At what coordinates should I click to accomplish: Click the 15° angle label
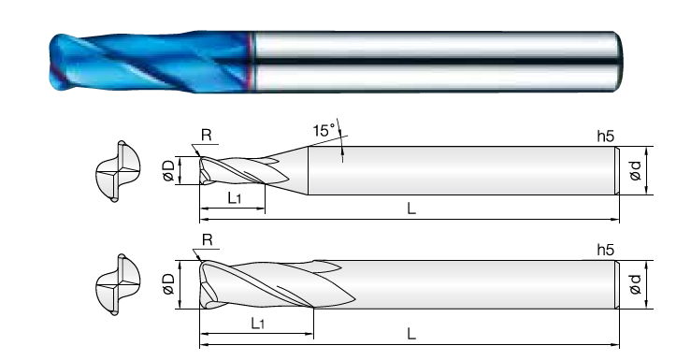click(324, 130)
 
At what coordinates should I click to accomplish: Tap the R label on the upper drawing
click(206, 135)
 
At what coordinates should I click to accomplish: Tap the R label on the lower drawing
click(208, 240)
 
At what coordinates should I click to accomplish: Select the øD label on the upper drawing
click(169, 170)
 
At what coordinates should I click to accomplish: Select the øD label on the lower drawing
click(169, 283)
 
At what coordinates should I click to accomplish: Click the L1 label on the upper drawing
click(235, 198)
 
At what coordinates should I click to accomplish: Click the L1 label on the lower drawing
click(258, 324)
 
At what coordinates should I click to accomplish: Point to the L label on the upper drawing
click(411, 209)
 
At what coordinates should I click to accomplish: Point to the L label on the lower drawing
click(411, 334)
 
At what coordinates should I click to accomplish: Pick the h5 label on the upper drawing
click(606, 137)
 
